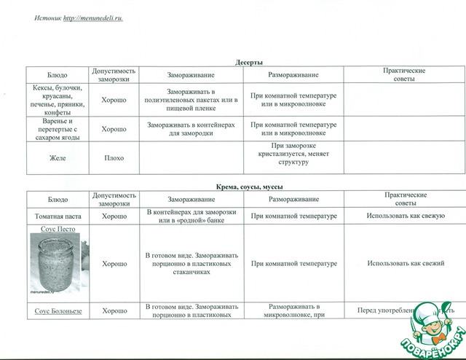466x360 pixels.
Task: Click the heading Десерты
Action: [249, 63]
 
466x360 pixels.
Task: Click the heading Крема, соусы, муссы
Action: [249, 187]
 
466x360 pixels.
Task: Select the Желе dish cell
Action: [58, 157]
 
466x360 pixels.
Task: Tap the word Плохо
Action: [114, 157]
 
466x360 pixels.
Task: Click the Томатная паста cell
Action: [58, 216]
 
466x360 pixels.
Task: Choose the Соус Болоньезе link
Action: [58, 311]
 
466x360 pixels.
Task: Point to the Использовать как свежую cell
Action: [403, 216]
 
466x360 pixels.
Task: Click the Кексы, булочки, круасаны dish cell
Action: [58, 99]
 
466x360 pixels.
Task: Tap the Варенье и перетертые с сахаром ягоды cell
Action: [58, 129]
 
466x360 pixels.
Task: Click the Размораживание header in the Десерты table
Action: [293, 75]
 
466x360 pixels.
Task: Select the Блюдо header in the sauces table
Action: [58, 199]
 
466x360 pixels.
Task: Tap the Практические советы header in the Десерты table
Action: [403, 75]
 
